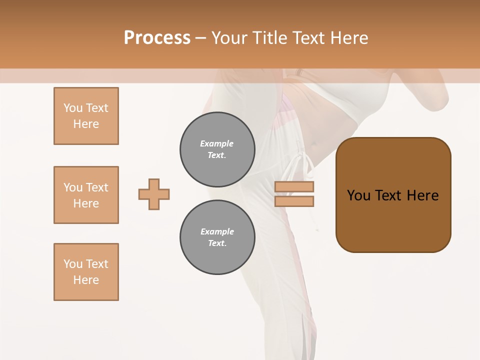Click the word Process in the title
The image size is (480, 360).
click(x=157, y=37)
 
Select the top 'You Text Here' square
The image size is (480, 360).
click(x=86, y=116)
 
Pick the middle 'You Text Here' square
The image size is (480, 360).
click(x=86, y=195)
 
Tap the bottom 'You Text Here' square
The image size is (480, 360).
click(x=86, y=272)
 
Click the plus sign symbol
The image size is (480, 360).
click(x=154, y=194)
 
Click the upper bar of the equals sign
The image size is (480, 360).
click(x=294, y=187)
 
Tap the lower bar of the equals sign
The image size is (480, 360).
click(x=294, y=201)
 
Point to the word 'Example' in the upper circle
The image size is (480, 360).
click(x=217, y=143)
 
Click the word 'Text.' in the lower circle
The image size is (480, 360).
click(x=217, y=243)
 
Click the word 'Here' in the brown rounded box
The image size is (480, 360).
click(x=422, y=195)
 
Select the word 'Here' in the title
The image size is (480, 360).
click(x=349, y=37)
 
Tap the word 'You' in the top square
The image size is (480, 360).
click(x=72, y=108)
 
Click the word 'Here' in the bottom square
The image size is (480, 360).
click(x=86, y=280)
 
